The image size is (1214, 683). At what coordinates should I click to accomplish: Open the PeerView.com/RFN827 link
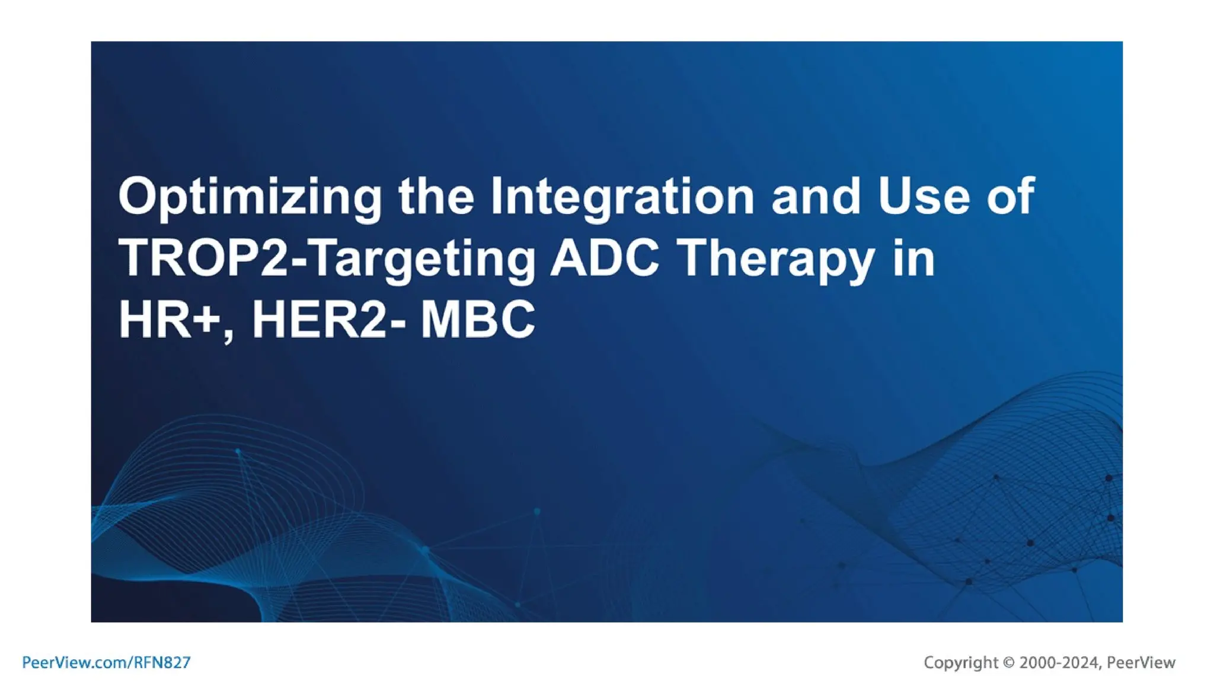point(106,662)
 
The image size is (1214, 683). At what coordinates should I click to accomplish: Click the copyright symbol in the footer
point(1009,662)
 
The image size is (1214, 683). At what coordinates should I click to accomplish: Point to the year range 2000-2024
point(1059,662)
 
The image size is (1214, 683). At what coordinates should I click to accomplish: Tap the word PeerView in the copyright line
point(1141,662)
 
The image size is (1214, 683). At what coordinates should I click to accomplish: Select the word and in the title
point(816,196)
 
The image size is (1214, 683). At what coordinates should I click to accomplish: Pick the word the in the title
point(436,196)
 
